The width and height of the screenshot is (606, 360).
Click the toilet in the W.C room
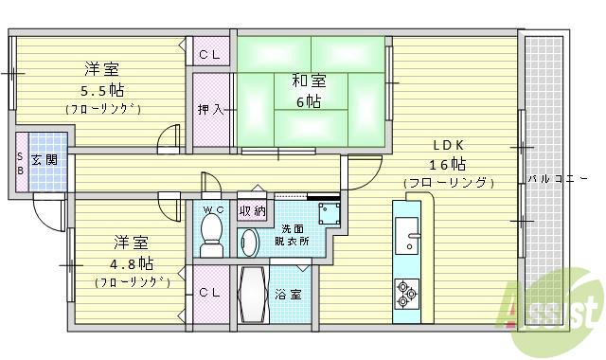(x=211, y=231)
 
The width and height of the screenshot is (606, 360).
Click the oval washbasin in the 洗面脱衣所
(x=249, y=243)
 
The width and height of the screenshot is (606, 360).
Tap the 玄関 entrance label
(x=44, y=159)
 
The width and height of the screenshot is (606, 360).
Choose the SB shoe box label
(x=19, y=164)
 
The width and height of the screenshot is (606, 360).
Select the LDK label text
(x=450, y=145)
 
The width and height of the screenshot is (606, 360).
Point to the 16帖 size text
(x=450, y=163)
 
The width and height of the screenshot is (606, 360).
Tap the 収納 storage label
(x=252, y=209)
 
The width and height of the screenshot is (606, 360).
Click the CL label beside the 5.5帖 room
(x=210, y=56)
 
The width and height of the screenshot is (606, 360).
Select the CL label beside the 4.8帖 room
(x=210, y=293)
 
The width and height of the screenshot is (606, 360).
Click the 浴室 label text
(x=289, y=294)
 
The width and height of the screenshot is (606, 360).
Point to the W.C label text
(x=211, y=207)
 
